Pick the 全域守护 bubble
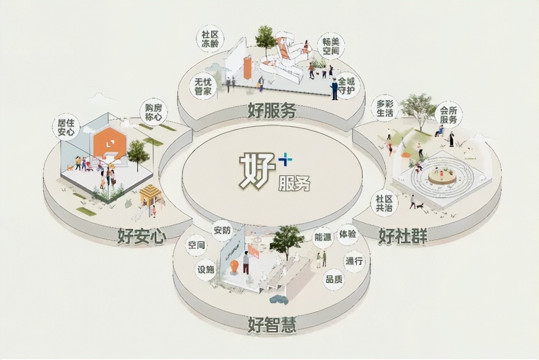[x=346, y=85]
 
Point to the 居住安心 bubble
[x=65, y=127]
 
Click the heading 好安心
[x=142, y=236]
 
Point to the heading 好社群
[x=403, y=236]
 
